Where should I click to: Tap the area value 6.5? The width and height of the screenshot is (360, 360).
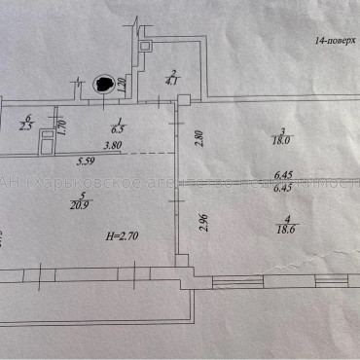(116, 126)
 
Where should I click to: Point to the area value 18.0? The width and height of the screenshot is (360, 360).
(279, 141)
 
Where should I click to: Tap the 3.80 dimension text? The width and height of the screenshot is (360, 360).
(112, 147)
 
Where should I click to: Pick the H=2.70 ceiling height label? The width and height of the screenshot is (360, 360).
(124, 235)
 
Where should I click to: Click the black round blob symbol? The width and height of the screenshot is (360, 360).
(100, 85)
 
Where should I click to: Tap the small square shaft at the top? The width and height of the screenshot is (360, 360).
(145, 46)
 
